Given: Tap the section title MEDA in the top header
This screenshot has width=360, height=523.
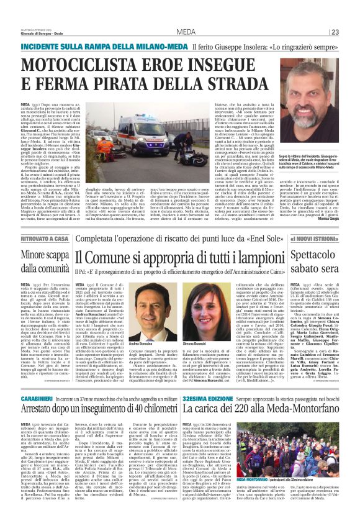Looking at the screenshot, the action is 185,32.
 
